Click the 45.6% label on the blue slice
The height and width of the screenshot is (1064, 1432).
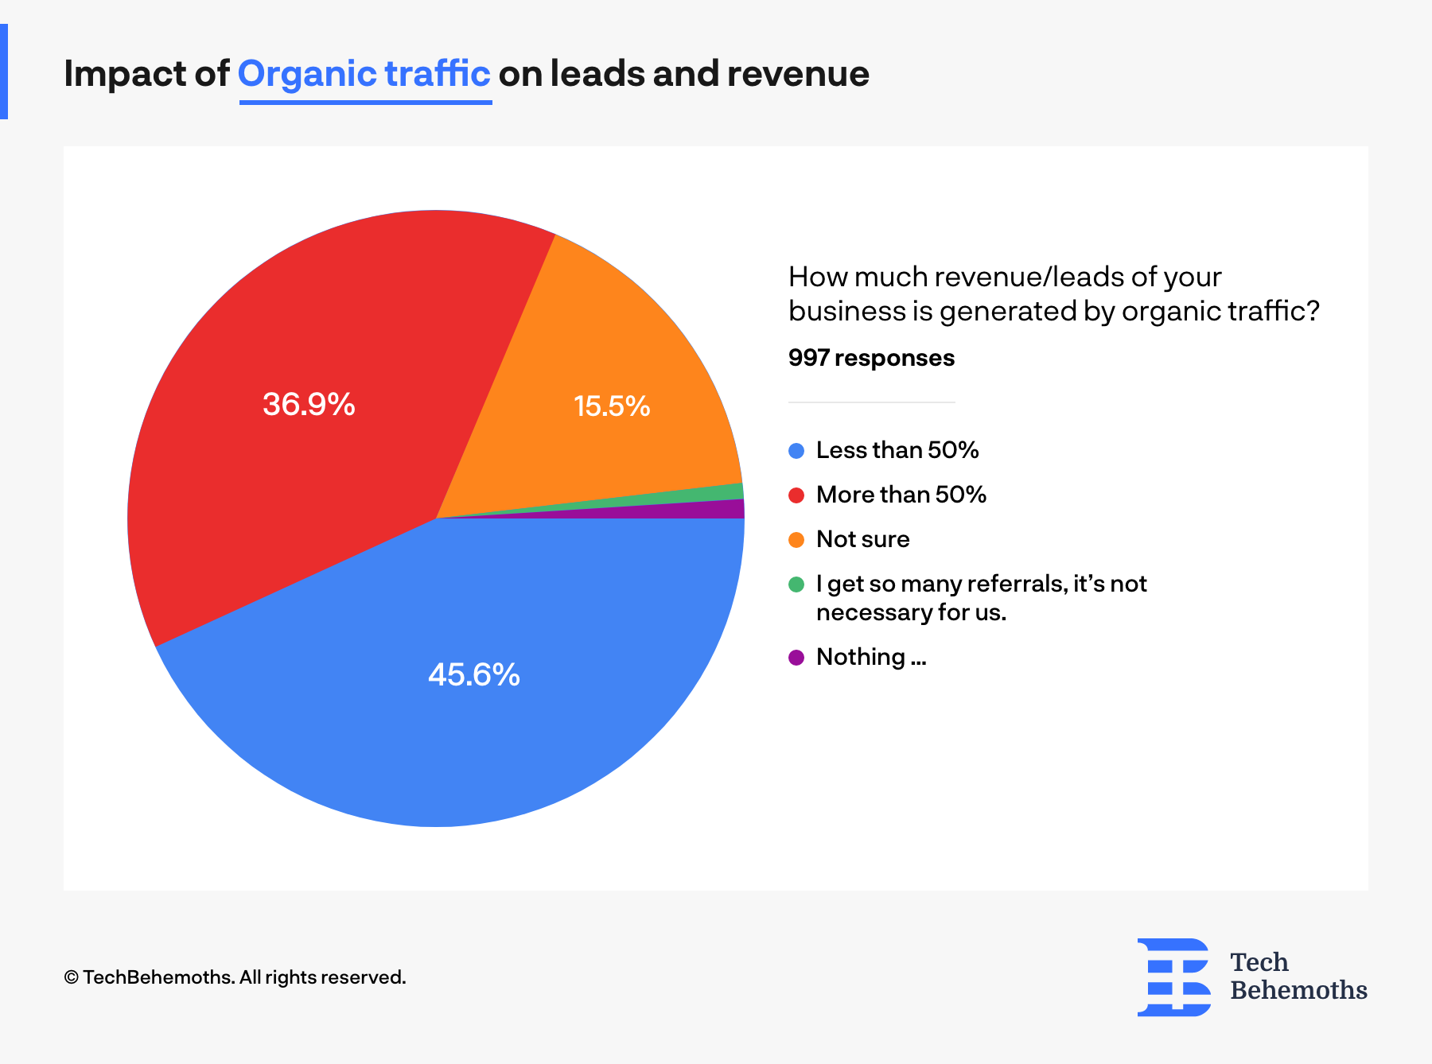tap(473, 675)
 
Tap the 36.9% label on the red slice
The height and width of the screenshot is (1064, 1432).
tap(309, 405)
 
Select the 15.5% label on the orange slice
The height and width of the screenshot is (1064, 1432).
tap(612, 406)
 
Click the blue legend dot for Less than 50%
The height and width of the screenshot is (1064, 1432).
tap(796, 451)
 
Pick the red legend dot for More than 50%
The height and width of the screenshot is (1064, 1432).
tap(796, 495)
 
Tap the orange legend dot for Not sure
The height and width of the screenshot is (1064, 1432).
tap(796, 540)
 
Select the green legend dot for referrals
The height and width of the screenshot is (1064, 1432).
tap(796, 584)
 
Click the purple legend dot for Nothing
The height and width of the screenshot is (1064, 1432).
tap(796, 658)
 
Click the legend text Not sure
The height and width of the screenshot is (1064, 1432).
tap(862, 539)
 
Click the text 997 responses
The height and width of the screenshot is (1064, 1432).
tap(871, 358)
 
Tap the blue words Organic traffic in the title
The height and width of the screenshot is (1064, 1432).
tap(364, 74)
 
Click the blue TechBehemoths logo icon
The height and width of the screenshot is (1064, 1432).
tap(1173, 977)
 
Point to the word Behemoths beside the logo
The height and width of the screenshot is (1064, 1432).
tap(1298, 990)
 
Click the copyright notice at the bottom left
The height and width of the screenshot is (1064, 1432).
tap(235, 977)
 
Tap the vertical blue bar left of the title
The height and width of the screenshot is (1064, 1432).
tap(3, 72)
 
